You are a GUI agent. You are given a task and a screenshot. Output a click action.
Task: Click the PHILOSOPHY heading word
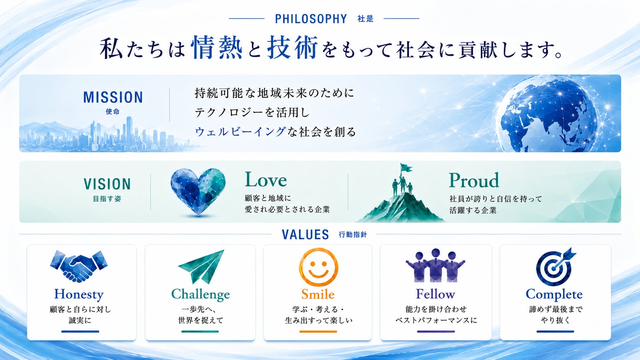(x=311, y=19)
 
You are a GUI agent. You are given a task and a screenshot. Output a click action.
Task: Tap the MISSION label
(x=113, y=97)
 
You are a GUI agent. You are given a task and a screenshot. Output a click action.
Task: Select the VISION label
(x=107, y=184)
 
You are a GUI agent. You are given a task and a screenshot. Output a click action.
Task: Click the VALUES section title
(x=305, y=235)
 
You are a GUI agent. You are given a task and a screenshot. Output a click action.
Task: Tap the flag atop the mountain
(x=406, y=168)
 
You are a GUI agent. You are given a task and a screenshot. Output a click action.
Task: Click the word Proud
(x=474, y=180)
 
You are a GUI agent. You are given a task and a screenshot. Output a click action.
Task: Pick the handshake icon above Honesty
(x=79, y=266)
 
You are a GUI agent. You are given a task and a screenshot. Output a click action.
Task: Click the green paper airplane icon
(x=201, y=266)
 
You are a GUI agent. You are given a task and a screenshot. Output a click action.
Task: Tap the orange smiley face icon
(x=318, y=267)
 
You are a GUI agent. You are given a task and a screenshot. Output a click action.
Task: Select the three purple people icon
(x=435, y=266)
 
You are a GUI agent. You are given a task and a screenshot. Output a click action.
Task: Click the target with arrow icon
(x=555, y=267)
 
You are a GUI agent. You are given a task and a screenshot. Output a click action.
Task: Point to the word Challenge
(x=201, y=295)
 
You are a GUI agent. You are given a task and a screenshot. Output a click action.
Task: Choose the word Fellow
(x=436, y=294)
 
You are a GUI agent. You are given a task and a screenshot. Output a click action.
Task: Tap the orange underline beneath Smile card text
(x=318, y=331)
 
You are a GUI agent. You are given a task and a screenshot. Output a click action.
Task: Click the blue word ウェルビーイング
(x=240, y=132)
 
